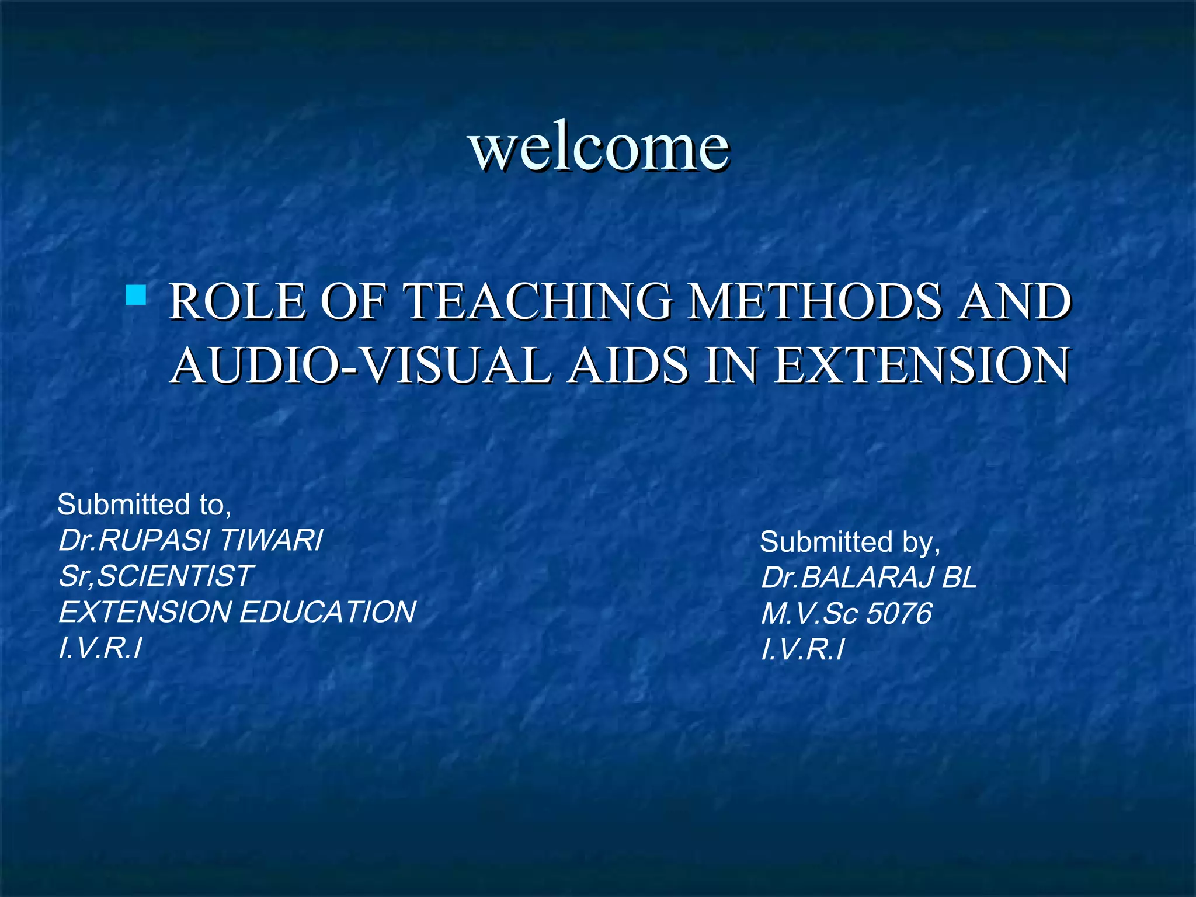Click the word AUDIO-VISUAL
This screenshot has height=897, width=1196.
(x=362, y=366)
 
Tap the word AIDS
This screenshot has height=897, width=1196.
(x=628, y=366)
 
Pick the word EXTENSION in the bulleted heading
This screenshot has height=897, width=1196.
(x=922, y=366)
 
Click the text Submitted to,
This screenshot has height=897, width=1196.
(x=144, y=505)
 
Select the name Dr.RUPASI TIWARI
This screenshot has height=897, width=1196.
(x=190, y=540)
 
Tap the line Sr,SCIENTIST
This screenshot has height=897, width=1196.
(x=155, y=576)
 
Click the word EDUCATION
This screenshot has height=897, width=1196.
(x=328, y=611)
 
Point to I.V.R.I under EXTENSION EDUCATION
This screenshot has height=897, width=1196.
(x=100, y=648)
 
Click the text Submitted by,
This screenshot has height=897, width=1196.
(x=850, y=542)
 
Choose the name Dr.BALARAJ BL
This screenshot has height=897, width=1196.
(x=868, y=578)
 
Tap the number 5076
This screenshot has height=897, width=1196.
(x=899, y=613)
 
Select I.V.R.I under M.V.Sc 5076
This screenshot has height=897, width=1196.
(x=802, y=649)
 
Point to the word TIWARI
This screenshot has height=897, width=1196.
(x=271, y=540)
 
